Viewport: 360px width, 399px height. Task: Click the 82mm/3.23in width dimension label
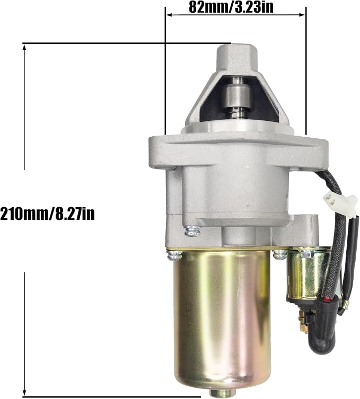coord(231,7)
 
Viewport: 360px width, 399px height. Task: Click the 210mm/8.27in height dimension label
coord(47,214)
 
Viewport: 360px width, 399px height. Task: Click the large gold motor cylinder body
coord(221,320)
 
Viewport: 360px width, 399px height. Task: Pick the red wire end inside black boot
coord(327,298)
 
